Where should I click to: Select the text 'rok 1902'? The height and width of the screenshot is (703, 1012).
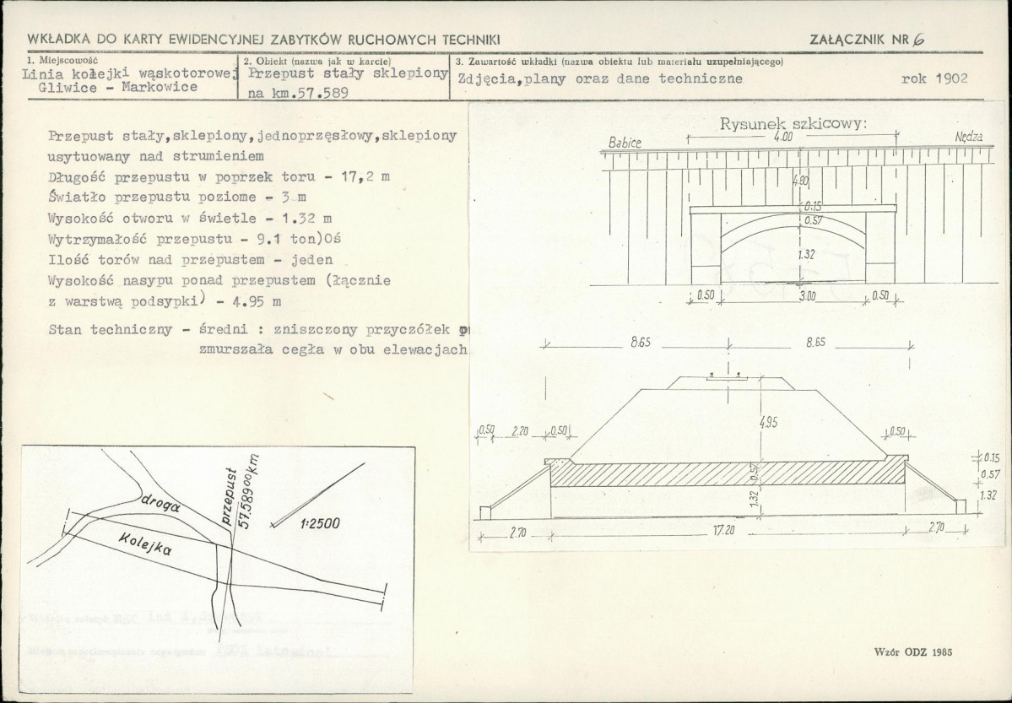[x=934, y=78]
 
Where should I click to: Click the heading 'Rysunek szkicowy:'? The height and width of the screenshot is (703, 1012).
[x=793, y=124]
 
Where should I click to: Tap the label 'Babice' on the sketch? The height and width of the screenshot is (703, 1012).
[x=625, y=143]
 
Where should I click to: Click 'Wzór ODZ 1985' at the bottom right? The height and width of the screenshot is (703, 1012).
[x=914, y=653]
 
